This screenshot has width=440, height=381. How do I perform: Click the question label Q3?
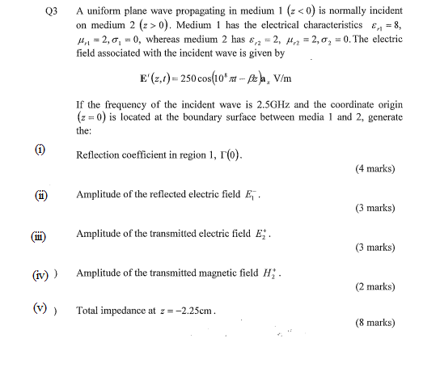[53, 13]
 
